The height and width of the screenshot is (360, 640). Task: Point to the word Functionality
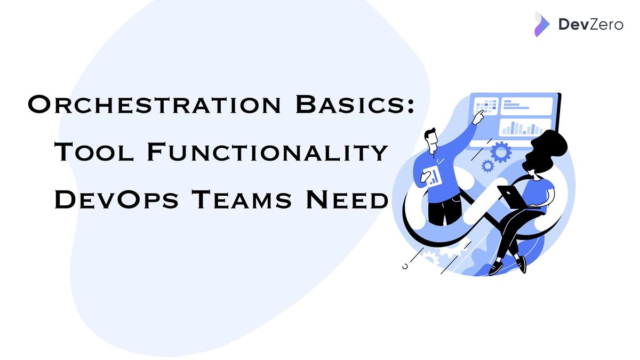[x=267, y=153]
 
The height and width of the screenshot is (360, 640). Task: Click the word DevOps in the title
[x=117, y=201]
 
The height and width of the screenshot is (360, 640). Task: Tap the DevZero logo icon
[x=542, y=24]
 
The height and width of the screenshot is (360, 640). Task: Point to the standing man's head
[x=431, y=137]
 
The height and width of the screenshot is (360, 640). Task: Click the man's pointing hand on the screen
[x=481, y=113]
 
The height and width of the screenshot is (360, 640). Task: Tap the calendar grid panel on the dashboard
[x=485, y=105]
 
